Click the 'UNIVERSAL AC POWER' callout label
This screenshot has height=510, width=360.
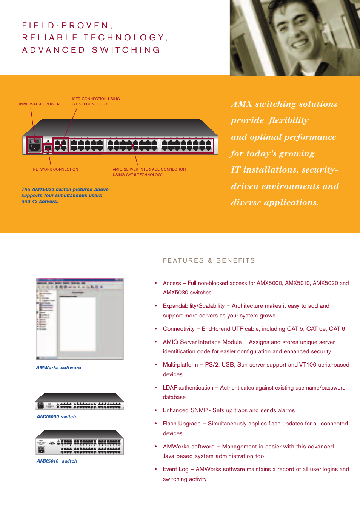tap(38, 104)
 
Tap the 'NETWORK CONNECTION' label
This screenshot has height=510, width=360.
tap(55, 169)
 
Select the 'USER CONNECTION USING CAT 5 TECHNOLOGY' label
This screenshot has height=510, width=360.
tap(95, 102)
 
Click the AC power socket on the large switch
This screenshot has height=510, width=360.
tap(35, 145)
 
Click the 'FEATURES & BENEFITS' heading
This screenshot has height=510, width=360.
tap(209, 260)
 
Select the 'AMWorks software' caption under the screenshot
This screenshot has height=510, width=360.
tap(58, 368)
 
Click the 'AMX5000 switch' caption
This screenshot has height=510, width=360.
tap(56, 417)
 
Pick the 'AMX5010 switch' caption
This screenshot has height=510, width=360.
tap(57, 461)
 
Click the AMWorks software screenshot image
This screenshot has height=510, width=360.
tap(80, 319)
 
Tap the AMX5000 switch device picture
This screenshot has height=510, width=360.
tap(79, 402)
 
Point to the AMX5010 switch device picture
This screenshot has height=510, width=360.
tap(79, 442)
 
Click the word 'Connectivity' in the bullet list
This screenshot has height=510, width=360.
tap(178, 329)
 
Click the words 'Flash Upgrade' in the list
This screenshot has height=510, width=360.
tap(182, 424)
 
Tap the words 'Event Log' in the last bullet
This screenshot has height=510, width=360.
tap(175, 469)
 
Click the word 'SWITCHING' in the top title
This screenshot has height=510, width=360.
tap(126, 50)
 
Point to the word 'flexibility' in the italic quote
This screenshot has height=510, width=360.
tap(288, 120)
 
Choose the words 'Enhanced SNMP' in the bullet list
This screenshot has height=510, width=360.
tap(185, 410)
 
